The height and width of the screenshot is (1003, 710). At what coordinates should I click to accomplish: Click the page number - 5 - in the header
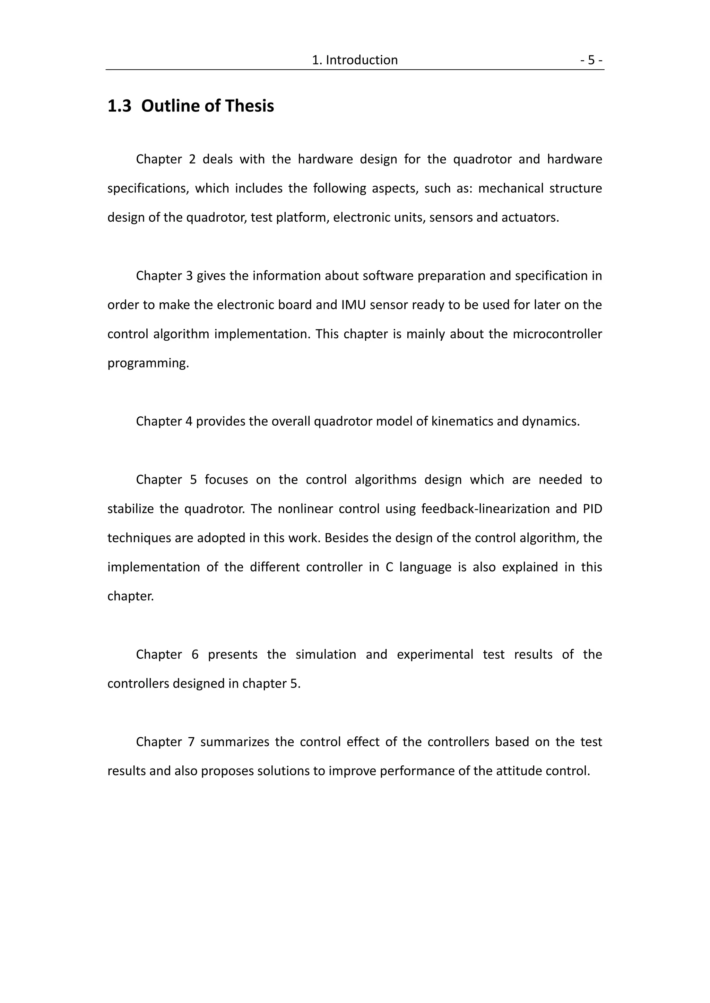tap(591, 60)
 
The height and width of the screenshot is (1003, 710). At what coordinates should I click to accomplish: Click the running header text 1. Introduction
tap(355, 60)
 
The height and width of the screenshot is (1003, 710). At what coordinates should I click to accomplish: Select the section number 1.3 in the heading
tap(119, 106)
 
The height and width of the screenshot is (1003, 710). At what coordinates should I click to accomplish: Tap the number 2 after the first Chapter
tap(192, 159)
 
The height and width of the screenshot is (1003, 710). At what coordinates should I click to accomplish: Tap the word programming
tap(148, 363)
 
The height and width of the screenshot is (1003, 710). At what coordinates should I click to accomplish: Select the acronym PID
tap(592, 509)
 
